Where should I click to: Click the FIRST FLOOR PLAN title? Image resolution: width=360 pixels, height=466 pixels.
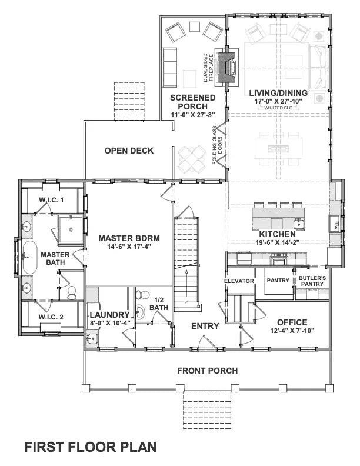90,447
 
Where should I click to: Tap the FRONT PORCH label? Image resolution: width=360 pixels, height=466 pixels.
208,370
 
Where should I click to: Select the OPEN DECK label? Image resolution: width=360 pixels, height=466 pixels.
129,151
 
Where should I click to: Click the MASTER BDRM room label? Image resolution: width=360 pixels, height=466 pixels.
129,238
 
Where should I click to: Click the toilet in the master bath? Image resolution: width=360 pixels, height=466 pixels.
72,292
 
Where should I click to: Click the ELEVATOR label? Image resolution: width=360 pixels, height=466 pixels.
239,281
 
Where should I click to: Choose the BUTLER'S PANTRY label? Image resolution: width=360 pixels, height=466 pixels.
311,281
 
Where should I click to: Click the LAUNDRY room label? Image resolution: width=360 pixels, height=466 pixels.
106,315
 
